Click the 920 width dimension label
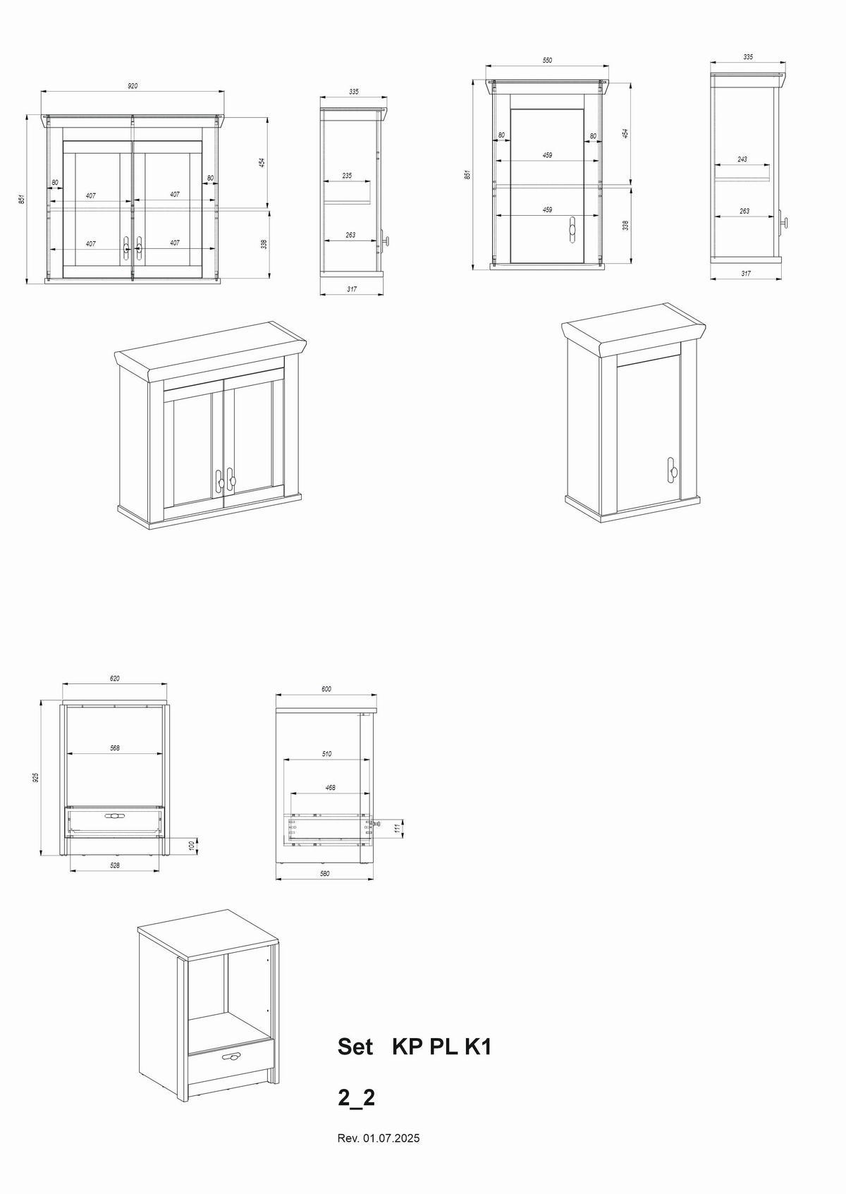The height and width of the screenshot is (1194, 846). pyautogui.click(x=133, y=86)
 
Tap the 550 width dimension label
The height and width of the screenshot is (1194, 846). pyautogui.click(x=547, y=61)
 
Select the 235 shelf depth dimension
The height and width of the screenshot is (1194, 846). pyautogui.click(x=347, y=176)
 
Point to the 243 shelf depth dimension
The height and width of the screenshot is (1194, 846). pyautogui.click(x=742, y=159)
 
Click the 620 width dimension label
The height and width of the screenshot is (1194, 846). pyautogui.click(x=114, y=678)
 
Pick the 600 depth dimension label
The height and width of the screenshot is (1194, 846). pyautogui.click(x=326, y=688)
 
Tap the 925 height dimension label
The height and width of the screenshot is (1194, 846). pyautogui.click(x=35, y=777)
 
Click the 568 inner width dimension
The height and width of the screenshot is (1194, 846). pyautogui.click(x=114, y=748)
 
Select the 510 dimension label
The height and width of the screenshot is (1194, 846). pyautogui.click(x=326, y=754)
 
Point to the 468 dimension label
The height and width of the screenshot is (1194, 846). pyautogui.click(x=331, y=787)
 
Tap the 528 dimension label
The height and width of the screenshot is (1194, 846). pyautogui.click(x=114, y=865)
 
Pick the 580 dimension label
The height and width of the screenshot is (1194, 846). pyautogui.click(x=325, y=874)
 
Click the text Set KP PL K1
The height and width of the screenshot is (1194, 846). pyautogui.click(x=414, y=1047)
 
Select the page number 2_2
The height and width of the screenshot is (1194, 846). pyautogui.click(x=356, y=1097)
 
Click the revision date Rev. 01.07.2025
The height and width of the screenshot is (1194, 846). pyautogui.click(x=379, y=1138)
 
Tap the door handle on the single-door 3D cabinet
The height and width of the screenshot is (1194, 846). pyautogui.click(x=673, y=470)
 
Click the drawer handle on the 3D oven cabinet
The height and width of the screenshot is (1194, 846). pyautogui.click(x=232, y=1056)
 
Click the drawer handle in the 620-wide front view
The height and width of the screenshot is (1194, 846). pyautogui.click(x=114, y=816)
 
